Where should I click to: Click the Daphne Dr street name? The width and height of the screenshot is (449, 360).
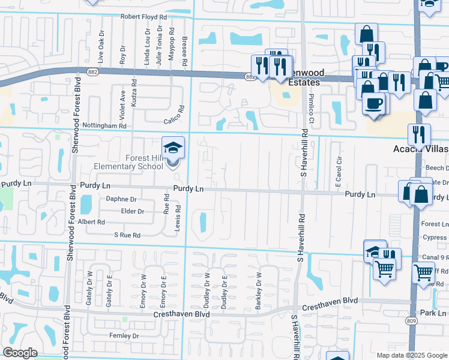tap(121, 199)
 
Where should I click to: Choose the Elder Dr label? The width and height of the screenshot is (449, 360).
tap(133, 211)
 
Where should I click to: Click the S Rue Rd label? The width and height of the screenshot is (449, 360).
tap(127, 236)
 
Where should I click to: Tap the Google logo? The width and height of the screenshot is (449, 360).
tap(20, 353)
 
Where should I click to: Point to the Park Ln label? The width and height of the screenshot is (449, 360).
tap(433, 313)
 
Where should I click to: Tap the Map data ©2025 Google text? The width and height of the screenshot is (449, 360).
tap(412, 355)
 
